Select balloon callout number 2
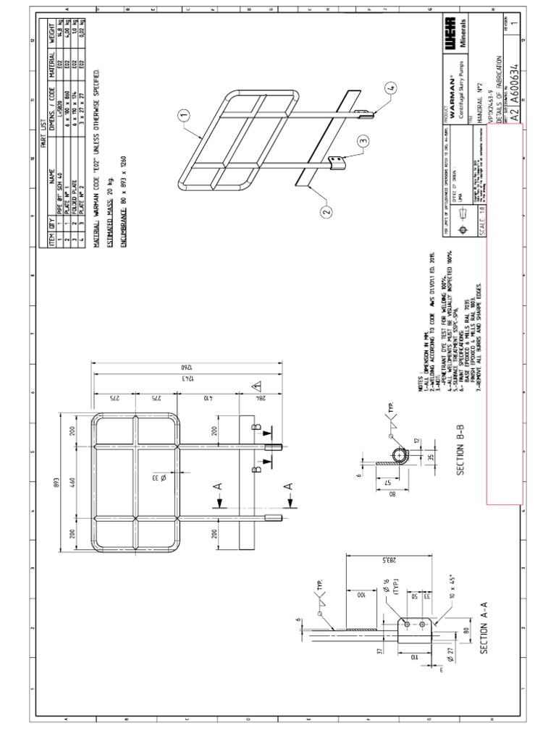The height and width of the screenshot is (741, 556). click(x=326, y=211)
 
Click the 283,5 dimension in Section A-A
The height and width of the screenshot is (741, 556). click(x=350, y=559)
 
